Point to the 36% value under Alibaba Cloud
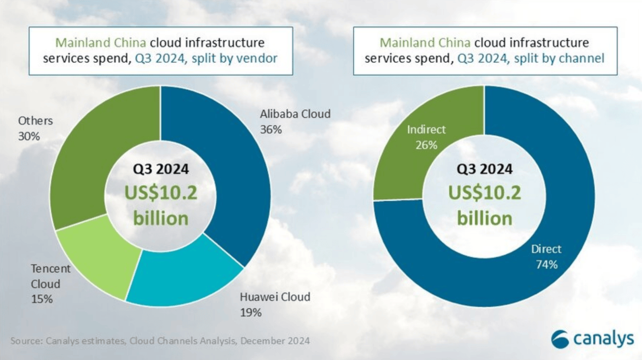point(271,130)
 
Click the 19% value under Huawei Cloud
point(251,312)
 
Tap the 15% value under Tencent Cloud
point(42,299)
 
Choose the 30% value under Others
point(29,137)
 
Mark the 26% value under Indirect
point(426,145)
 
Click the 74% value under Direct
point(547,264)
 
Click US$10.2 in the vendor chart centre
point(161,193)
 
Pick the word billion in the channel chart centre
point(485,218)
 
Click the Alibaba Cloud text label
point(295,114)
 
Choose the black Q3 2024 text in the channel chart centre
point(484,169)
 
